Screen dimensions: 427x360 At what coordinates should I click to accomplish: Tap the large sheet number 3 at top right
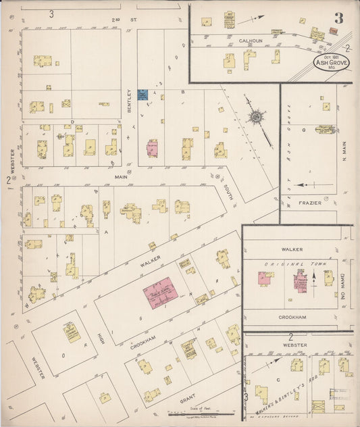click(x=338, y=18)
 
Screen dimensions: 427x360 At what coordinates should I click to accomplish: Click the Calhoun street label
click(x=251, y=41)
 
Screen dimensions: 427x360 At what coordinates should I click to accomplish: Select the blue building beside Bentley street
click(x=143, y=95)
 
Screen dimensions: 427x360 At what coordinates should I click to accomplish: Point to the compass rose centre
click(x=257, y=118)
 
